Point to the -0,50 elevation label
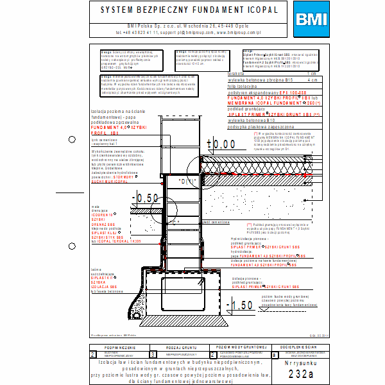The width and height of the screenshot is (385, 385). pyautogui.click(x=144, y=197)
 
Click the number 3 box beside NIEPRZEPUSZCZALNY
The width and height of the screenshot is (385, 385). pyautogui.click(x=152, y=354)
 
